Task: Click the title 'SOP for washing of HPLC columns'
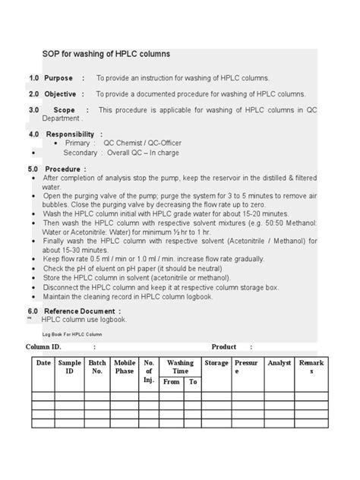(x=106, y=55)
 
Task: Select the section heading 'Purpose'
(x=58, y=78)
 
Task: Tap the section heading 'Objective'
(x=60, y=94)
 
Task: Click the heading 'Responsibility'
(x=71, y=134)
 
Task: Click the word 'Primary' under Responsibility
(x=78, y=143)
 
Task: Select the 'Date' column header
(x=43, y=363)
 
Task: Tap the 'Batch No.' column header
(x=97, y=367)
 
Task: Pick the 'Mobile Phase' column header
(x=125, y=367)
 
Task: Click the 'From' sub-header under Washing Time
(x=172, y=381)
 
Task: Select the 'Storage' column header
(x=216, y=363)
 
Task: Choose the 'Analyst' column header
(x=279, y=363)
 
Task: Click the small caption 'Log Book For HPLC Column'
(x=72, y=333)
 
